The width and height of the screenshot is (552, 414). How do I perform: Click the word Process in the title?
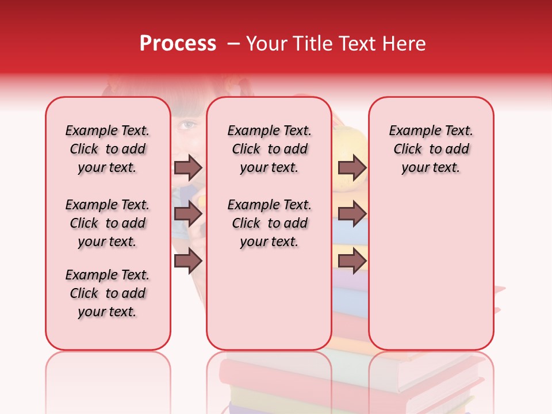point(178,44)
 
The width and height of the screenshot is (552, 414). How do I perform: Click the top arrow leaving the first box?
point(188,167)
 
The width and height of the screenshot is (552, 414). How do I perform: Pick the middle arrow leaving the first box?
point(188,214)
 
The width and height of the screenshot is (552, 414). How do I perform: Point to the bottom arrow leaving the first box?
point(188,261)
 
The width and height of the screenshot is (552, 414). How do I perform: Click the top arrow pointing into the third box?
point(352,167)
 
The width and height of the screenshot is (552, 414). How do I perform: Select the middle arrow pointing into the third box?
point(352,214)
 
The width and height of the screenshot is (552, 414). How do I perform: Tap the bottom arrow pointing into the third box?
point(352,261)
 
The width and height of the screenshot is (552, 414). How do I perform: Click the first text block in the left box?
point(108,149)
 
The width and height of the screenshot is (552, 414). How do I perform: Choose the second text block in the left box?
point(108,223)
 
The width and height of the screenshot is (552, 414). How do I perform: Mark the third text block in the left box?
point(108,293)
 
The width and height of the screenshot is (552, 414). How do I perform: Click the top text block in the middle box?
point(270,149)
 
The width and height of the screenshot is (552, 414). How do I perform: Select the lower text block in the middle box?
point(270,223)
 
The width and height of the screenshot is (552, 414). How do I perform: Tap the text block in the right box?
point(431,149)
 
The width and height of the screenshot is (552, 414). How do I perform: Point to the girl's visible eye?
point(187,124)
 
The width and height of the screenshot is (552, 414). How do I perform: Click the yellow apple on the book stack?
point(350,144)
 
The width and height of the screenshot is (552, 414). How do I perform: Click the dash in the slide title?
point(233,44)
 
